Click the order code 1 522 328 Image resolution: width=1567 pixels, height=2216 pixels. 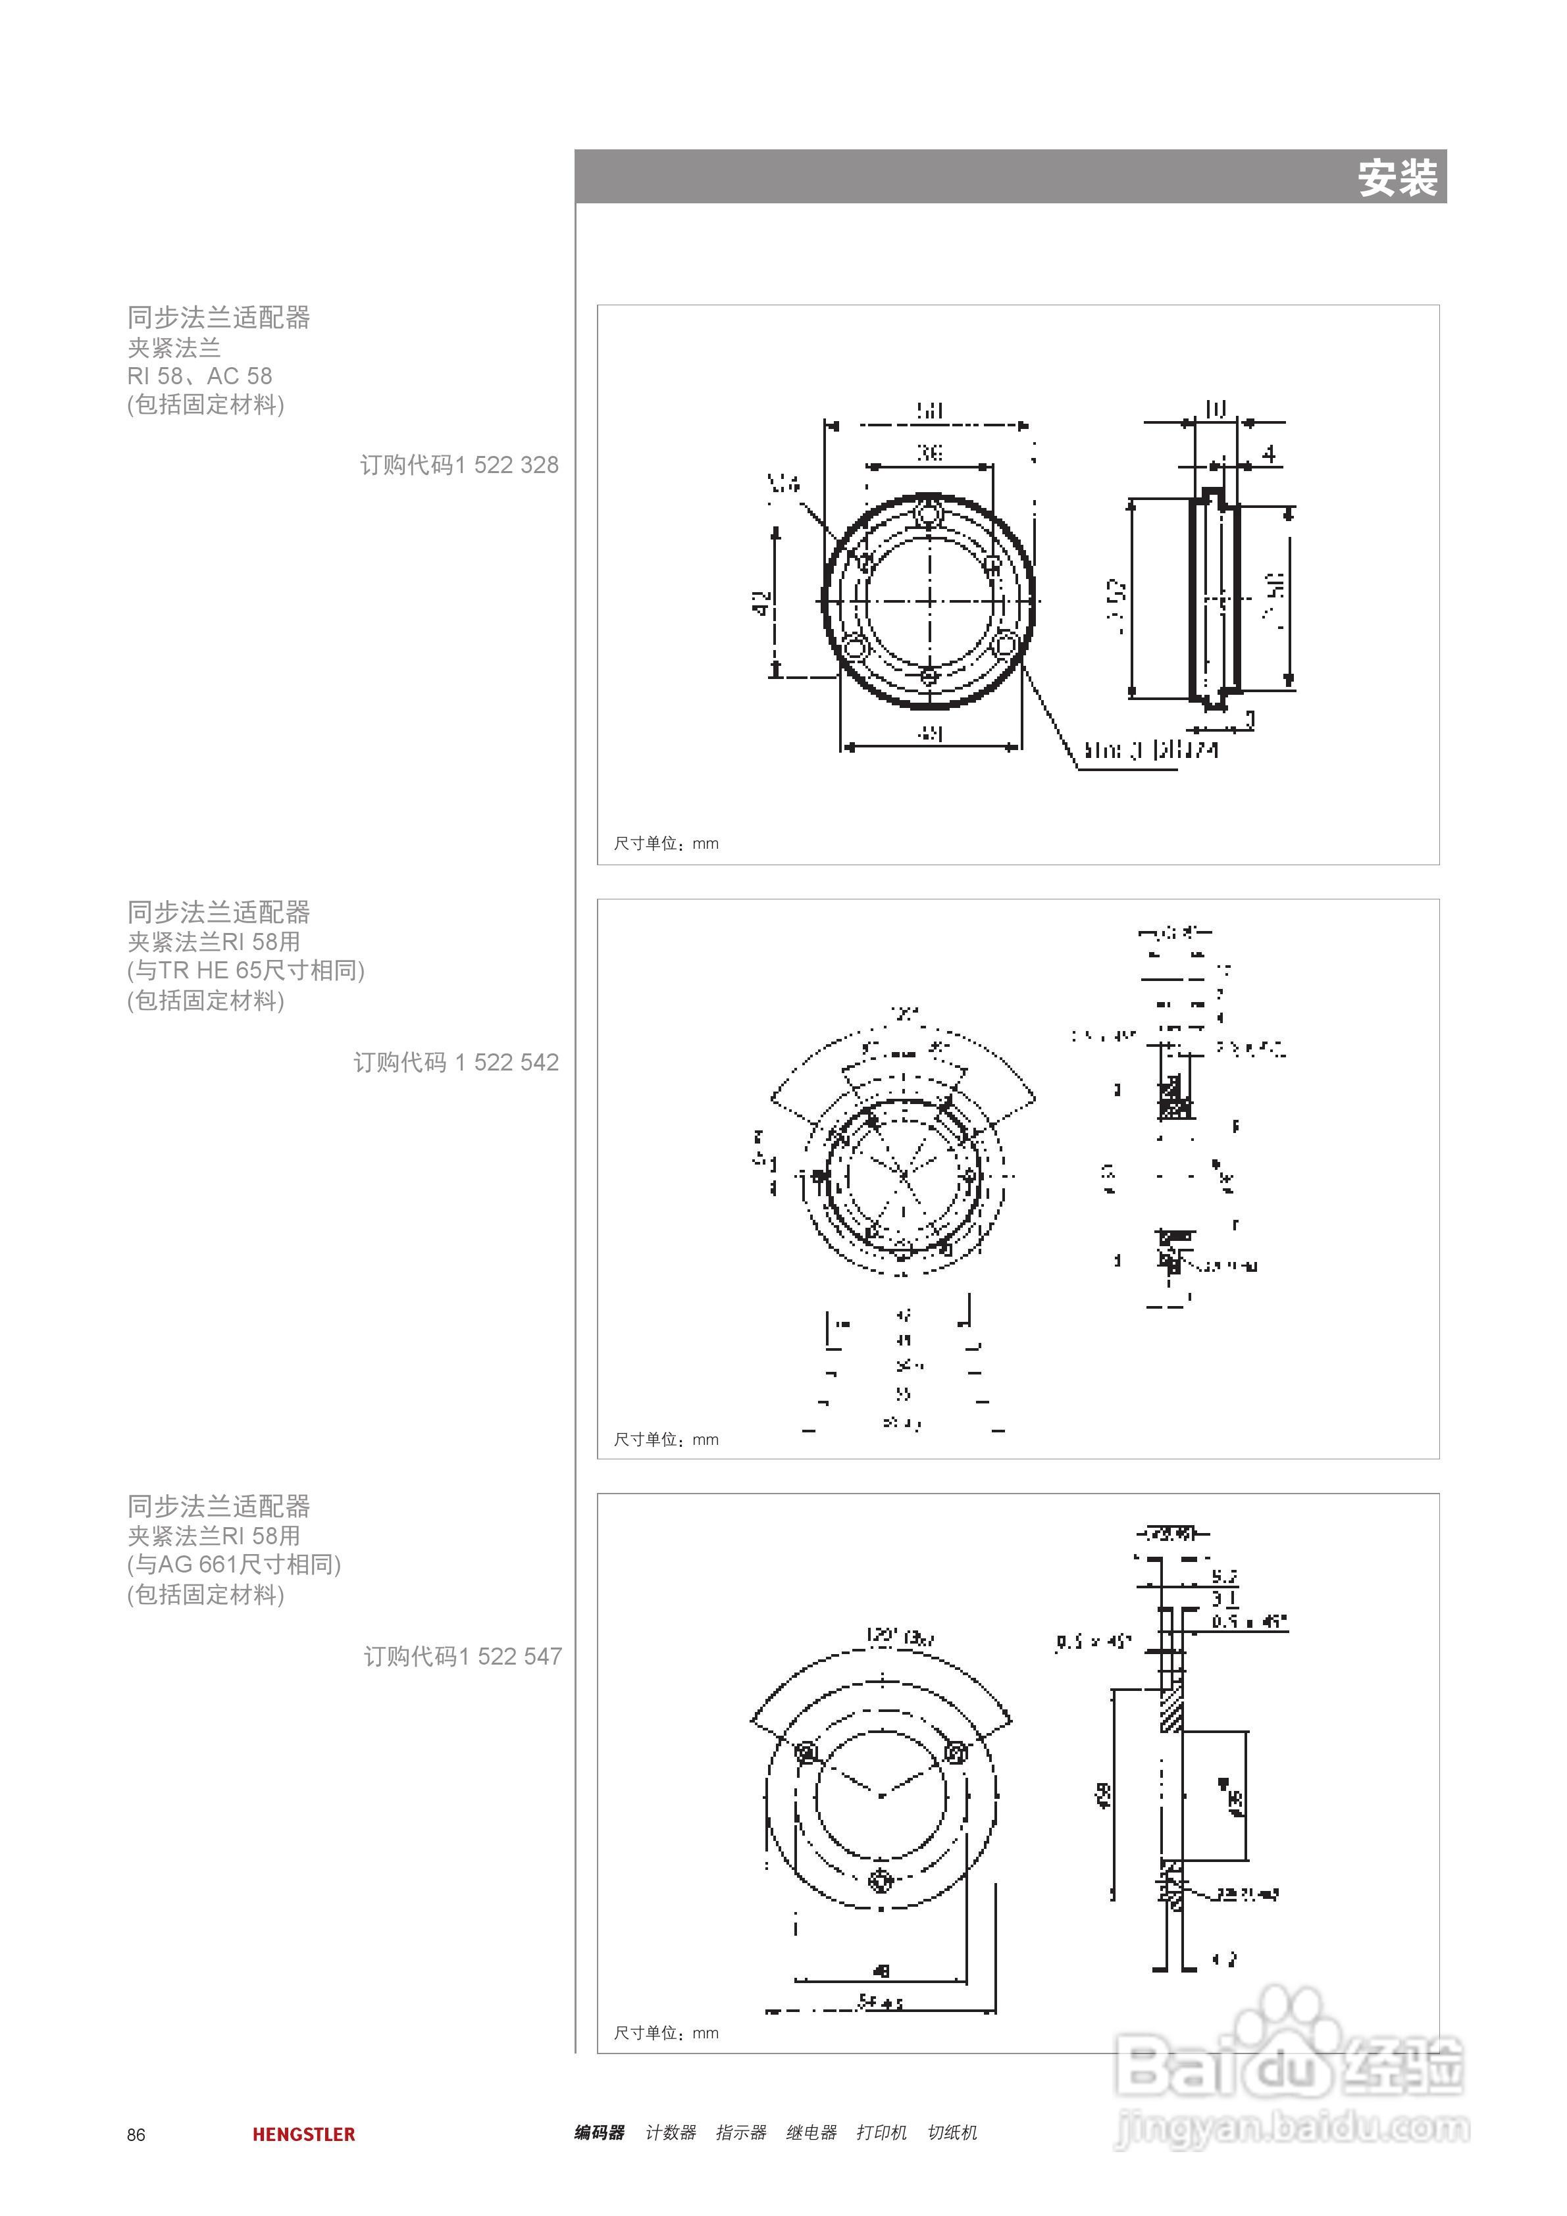point(459,465)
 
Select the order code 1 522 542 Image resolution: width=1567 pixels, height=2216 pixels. point(455,1063)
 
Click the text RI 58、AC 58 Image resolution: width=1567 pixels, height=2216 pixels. point(200,376)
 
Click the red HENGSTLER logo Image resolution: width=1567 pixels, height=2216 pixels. point(303,2134)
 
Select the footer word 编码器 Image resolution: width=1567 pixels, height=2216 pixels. point(599,2132)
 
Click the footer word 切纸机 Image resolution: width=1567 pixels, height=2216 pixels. point(951,2132)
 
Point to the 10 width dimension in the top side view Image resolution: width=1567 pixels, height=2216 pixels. point(1215,409)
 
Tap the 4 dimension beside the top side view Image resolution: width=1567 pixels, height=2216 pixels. point(1269,453)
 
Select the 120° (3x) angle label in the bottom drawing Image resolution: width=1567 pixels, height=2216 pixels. point(898,1637)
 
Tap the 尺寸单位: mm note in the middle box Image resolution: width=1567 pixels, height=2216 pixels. point(665,1439)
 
